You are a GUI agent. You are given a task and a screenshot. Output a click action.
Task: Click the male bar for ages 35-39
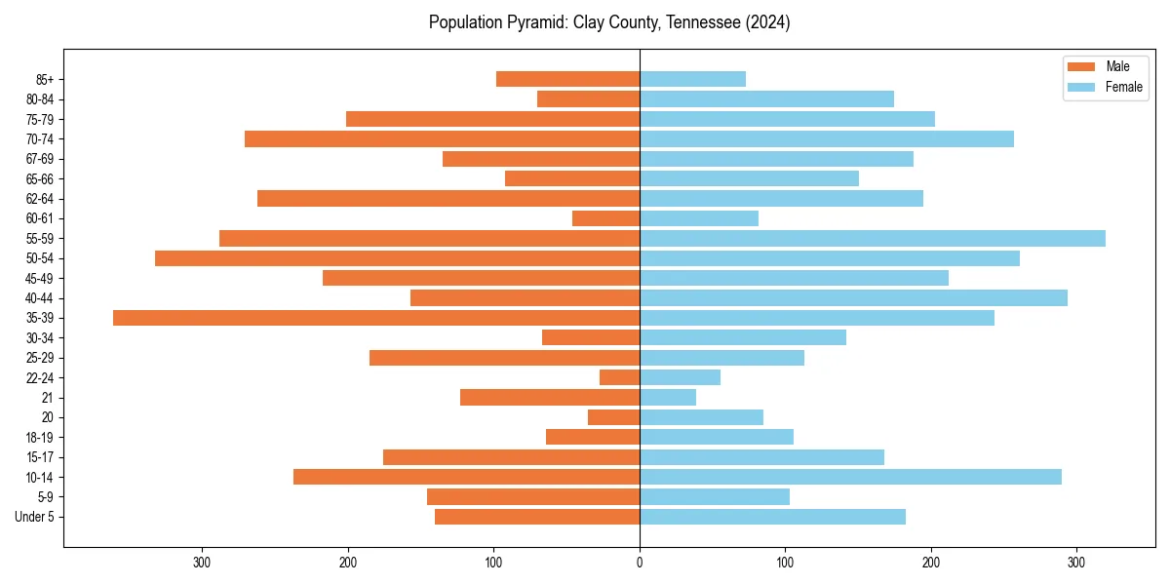376,318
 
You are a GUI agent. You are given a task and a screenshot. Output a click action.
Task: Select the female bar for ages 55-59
873,239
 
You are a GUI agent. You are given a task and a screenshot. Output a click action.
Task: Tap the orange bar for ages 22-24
620,377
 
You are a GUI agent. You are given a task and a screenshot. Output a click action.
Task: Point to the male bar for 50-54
398,258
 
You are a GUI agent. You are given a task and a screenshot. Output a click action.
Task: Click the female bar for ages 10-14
850,477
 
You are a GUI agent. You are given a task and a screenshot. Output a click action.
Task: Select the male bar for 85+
567,79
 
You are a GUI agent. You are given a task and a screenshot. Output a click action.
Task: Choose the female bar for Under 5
772,517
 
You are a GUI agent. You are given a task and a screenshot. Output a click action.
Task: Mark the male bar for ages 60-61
606,218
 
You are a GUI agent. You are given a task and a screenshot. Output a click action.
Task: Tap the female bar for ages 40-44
853,298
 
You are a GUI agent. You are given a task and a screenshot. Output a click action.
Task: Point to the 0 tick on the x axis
640,562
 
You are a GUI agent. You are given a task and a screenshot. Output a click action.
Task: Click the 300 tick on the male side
203,562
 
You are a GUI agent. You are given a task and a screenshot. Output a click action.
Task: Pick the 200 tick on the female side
930,562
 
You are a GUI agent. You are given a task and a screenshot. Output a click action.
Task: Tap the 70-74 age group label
39,139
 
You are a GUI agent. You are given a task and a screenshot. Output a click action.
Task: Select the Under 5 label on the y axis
35,517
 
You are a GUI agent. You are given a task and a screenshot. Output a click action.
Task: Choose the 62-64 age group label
39,199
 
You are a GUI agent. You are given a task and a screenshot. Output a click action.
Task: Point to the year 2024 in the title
767,22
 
